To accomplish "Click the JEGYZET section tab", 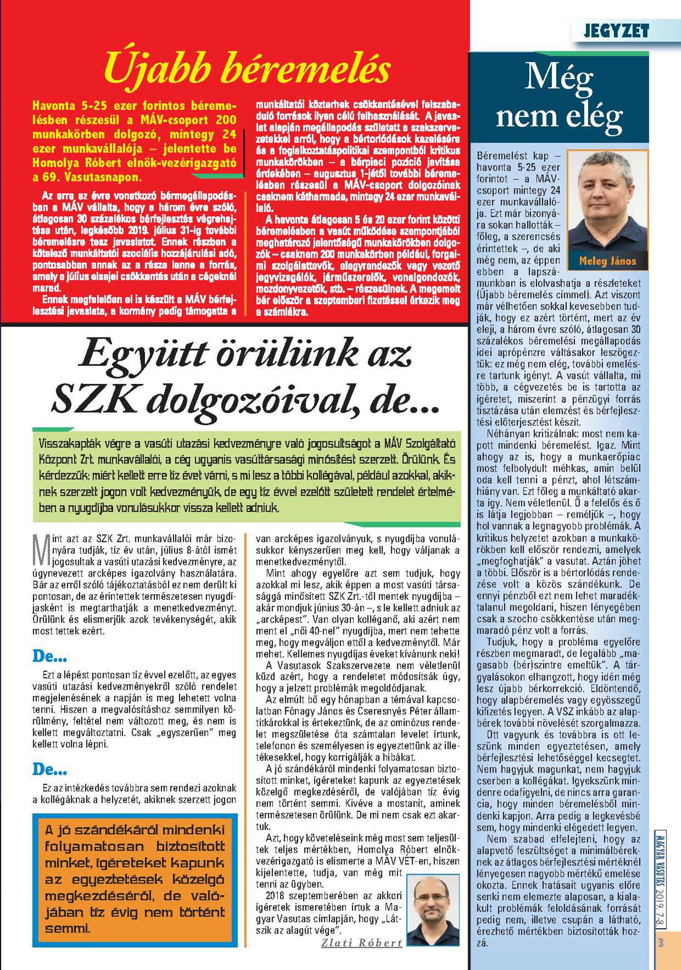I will (x=616, y=31).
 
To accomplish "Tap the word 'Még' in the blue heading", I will (x=559, y=78).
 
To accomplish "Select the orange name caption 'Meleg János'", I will (x=607, y=261).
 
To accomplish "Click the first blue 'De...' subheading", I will (x=49, y=656).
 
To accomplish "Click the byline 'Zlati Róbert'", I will (x=362, y=942).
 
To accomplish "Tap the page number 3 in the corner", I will (x=661, y=943).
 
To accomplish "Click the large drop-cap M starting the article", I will (x=41, y=550).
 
